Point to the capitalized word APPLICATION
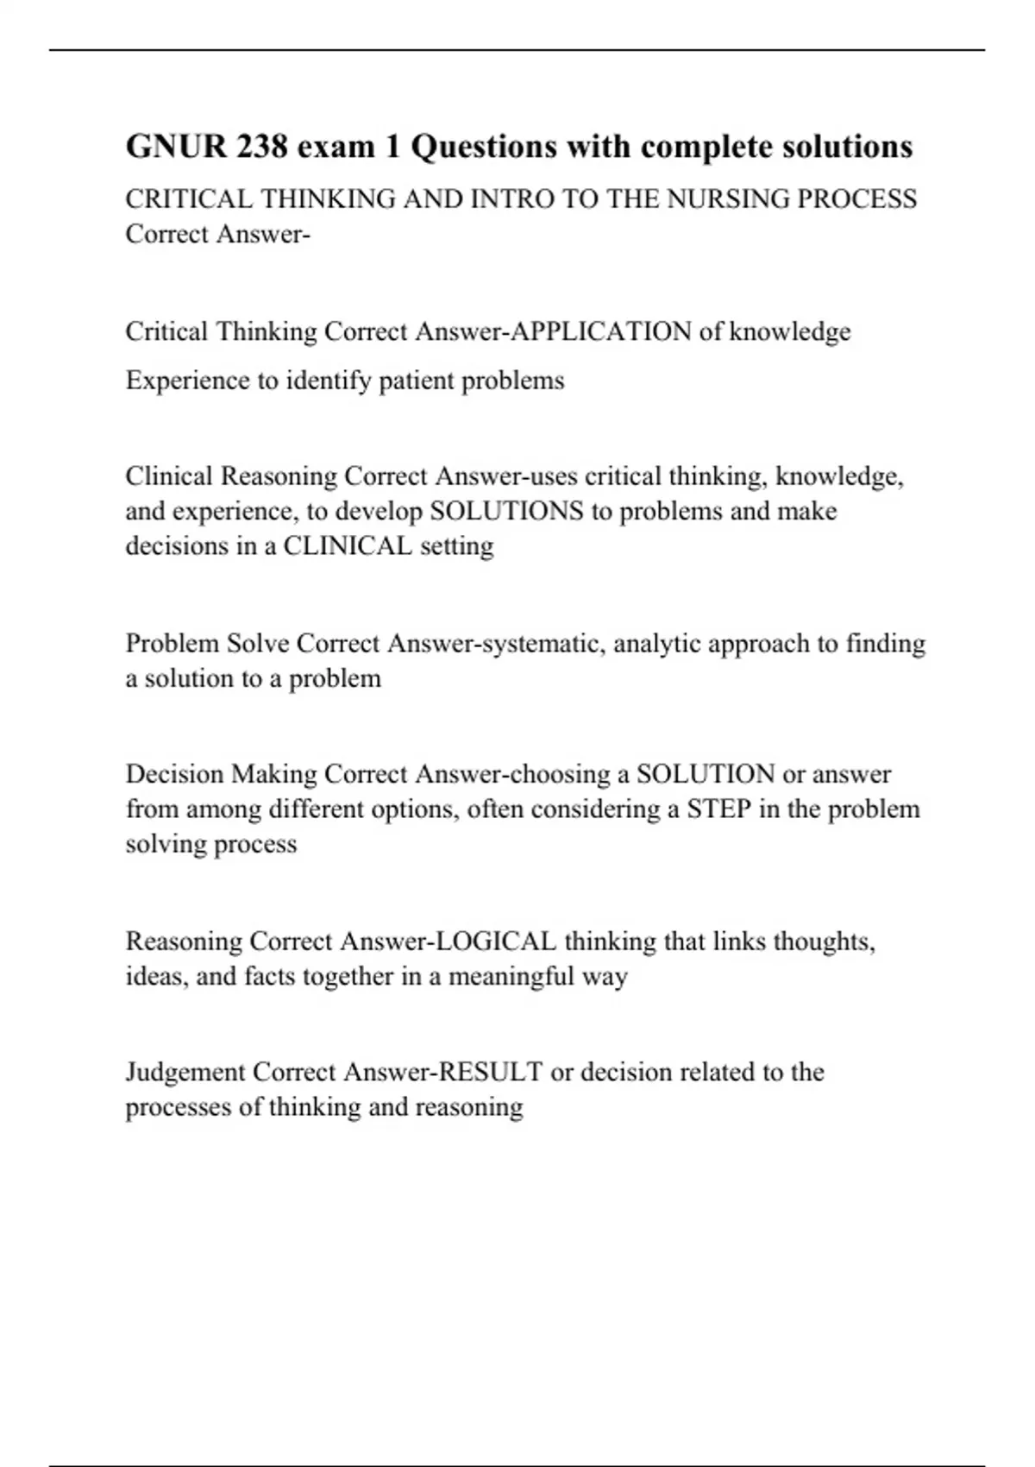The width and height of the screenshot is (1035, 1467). pyautogui.click(x=601, y=331)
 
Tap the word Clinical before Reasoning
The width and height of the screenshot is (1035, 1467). pyautogui.click(x=169, y=476)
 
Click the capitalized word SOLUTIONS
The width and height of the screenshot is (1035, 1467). pyautogui.click(x=506, y=511)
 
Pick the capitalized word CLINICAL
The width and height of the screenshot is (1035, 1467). pyautogui.click(x=348, y=546)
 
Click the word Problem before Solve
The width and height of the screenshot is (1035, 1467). pyautogui.click(x=172, y=644)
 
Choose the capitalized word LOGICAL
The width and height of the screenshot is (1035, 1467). pyautogui.click(x=496, y=941)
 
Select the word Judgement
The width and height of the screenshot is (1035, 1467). pyautogui.click(x=185, y=1073)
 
